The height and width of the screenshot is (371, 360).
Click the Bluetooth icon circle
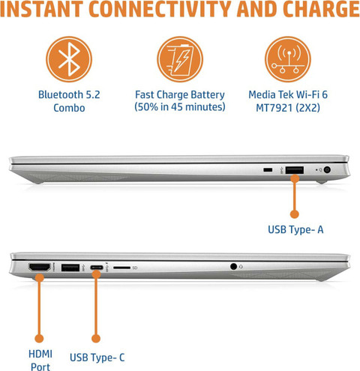[69, 59]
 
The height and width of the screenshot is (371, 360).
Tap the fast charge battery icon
[180, 59]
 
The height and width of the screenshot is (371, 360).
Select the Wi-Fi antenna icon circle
[288, 59]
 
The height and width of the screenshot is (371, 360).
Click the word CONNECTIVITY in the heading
[159, 9]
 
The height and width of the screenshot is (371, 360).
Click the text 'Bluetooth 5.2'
[69, 94]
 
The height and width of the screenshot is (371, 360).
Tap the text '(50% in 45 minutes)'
[180, 107]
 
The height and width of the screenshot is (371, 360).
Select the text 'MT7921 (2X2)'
[288, 108]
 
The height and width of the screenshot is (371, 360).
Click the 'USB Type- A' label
[295, 229]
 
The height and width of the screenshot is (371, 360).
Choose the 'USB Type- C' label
[97, 358]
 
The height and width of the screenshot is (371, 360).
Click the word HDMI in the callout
[40, 354]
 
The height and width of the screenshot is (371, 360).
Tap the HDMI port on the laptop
[40, 268]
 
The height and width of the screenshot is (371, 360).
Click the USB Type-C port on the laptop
[97, 268]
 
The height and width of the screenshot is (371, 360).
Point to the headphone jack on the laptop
[233, 267]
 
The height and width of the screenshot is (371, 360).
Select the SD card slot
[122, 268]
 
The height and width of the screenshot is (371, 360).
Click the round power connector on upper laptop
[327, 170]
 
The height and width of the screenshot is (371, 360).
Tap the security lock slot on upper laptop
[268, 170]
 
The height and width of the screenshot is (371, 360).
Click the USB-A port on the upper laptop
[295, 170]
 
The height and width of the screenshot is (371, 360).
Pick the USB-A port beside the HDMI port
[70, 268]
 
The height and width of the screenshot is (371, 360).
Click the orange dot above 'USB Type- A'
[295, 214]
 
